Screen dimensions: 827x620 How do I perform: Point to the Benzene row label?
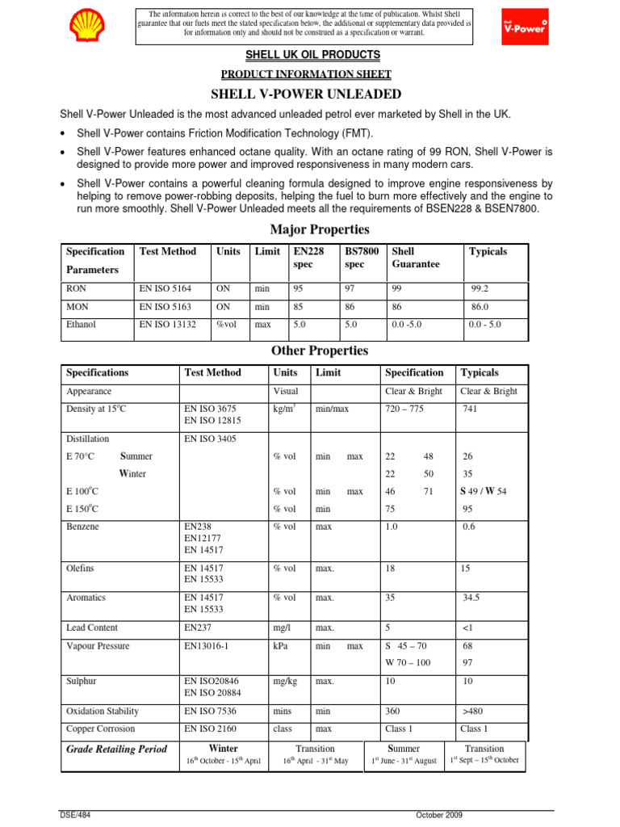coord(82,526)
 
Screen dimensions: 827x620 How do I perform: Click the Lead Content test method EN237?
coord(197,628)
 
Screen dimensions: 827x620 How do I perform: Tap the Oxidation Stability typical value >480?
coord(474,712)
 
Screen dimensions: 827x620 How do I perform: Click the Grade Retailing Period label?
coord(116,749)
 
